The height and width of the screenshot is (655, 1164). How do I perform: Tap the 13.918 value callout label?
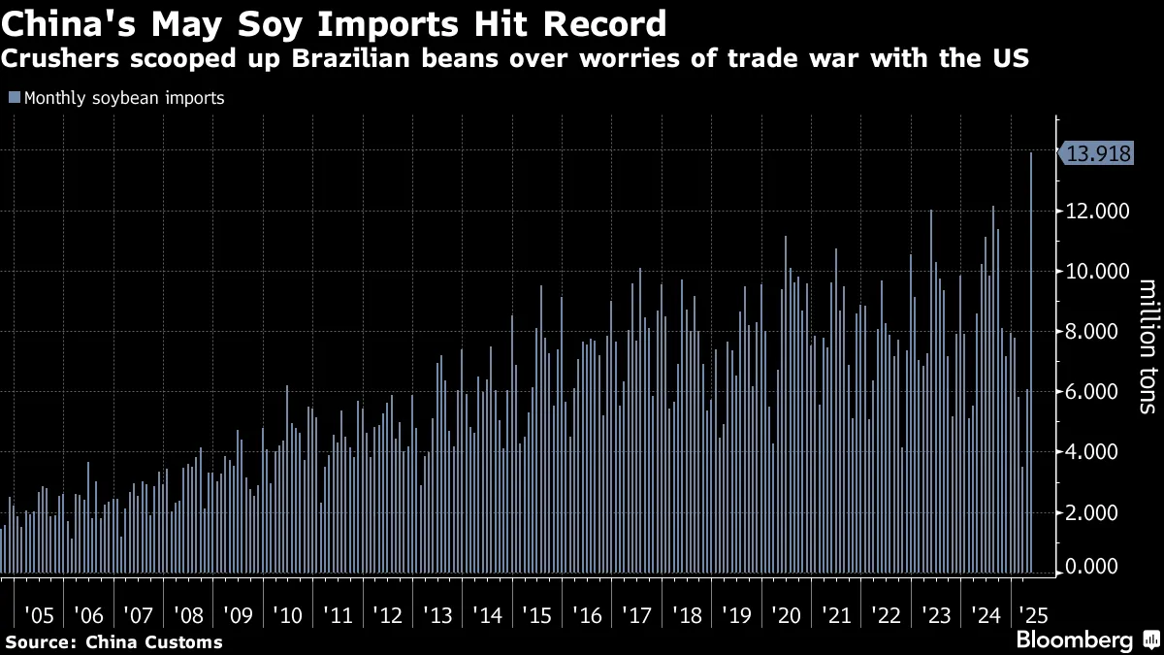click(x=1096, y=153)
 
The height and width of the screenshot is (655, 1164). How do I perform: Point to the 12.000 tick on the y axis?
click(x=1097, y=212)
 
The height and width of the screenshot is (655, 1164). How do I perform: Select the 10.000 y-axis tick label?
click(x=1097, y=272)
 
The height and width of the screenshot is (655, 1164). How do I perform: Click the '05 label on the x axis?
click(x=40, y=616)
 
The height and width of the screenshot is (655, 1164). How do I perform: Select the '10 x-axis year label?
click(x=287, y=616)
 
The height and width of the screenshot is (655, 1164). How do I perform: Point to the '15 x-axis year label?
click(x=536, y=616)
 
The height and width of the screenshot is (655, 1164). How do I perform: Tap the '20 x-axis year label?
click(x=787, y=616)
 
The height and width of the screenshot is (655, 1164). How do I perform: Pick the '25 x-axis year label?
click(x=1034, y=616)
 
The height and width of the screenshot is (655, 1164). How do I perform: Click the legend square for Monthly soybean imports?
click(x=15, y=97)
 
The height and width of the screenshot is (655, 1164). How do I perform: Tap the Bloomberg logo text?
click(x=1075, y=639)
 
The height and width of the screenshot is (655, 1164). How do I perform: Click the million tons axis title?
click(x=1148, y=346)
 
